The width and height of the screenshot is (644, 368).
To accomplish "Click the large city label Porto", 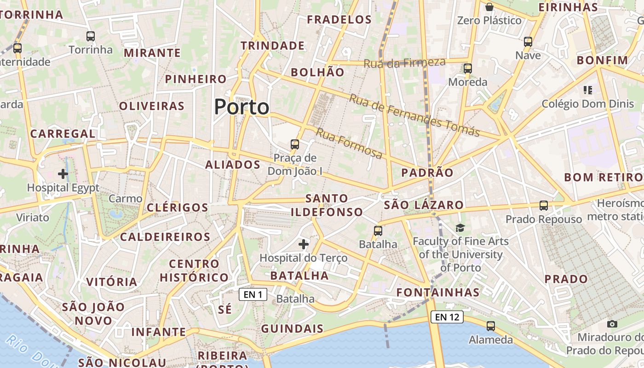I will click(x=241, y=107).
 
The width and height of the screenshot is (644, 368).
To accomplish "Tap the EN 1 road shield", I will click(x=253, y=294).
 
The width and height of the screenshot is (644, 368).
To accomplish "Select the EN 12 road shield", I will click(x=447, y=316).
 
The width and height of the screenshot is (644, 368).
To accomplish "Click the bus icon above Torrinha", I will click(x=91, y=36).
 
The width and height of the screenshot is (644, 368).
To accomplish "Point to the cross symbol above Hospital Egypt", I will click(x=63, y=174).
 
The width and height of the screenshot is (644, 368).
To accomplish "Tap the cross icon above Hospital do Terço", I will click(x=303, y=244).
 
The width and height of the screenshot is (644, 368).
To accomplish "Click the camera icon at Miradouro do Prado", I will click(x=612, y=324).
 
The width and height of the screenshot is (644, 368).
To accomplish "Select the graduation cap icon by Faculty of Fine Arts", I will click(x=460, y=228).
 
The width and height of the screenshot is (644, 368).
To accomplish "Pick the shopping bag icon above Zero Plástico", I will click(x=489, y=7).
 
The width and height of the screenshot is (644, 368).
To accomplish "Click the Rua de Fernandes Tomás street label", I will click(x=414, y=115).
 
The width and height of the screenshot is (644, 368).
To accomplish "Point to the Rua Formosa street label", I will click(x=349, y=143).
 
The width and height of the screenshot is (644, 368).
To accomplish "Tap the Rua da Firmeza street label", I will click(x=404, y=63).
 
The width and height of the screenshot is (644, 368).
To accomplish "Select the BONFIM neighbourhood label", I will click(x=602, y=60).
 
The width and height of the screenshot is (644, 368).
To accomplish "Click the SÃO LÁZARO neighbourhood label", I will click(x=424, y=205).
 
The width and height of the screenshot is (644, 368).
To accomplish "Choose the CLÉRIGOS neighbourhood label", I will click(x=178, y=207).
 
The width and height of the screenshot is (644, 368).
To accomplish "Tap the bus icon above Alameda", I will click(x=491, y=326).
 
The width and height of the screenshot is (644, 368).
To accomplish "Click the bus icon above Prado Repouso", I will click(x=544, y=206).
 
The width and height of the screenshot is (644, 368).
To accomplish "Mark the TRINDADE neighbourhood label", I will click(x=272, y=46).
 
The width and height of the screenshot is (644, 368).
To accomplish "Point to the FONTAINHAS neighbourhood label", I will click(x=438, y=292).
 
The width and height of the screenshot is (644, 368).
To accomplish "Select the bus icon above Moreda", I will click(x=468, y=68).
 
